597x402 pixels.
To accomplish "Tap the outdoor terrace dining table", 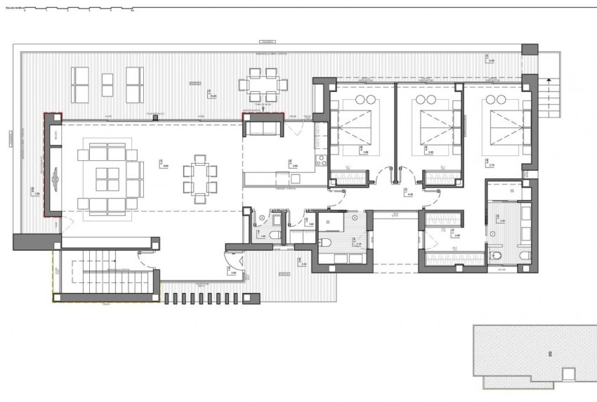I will [263, 84].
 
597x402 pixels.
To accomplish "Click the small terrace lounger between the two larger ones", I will [107, 85].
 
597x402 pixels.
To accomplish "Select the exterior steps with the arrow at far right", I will [554, 98].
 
